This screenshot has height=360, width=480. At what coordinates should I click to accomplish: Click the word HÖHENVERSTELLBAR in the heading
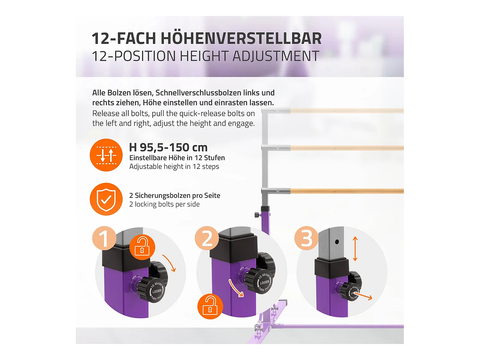[x=241, y=38]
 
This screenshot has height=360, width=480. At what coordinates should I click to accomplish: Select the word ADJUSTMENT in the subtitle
[x=276, y=56]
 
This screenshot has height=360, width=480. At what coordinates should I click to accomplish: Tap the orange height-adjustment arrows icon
[x=106, y=155]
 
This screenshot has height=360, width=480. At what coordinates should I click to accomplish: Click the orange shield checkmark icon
[x=106, y=199]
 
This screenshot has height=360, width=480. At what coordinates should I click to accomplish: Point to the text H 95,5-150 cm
[x=168, y=148]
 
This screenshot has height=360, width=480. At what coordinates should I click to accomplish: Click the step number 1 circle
[x=104, y=238]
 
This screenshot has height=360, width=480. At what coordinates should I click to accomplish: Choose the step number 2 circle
[x=207, y=238]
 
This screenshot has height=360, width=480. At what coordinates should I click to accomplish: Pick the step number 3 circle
[x=306, y=238]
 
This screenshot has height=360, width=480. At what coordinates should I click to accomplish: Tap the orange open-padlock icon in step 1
[x=142, y=247]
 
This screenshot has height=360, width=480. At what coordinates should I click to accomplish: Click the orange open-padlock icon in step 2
[x=210, y=306]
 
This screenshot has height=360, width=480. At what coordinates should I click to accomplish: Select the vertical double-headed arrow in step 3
[x=355, y=249]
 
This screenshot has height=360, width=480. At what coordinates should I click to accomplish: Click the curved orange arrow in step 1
[x=170, y=263]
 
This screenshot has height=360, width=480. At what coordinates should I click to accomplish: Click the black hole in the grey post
[x=337, y=242]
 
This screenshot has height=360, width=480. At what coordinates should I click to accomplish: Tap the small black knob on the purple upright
[x=257, y=215]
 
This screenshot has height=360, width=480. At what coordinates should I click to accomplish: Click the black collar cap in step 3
[x=331, y=267]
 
